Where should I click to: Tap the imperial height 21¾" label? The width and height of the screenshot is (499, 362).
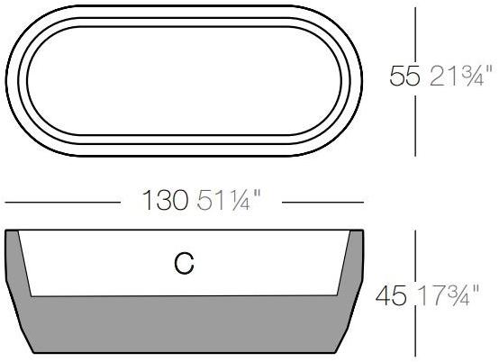pos(459,77)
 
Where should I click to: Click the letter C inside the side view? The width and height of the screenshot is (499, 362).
pos(184,264)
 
